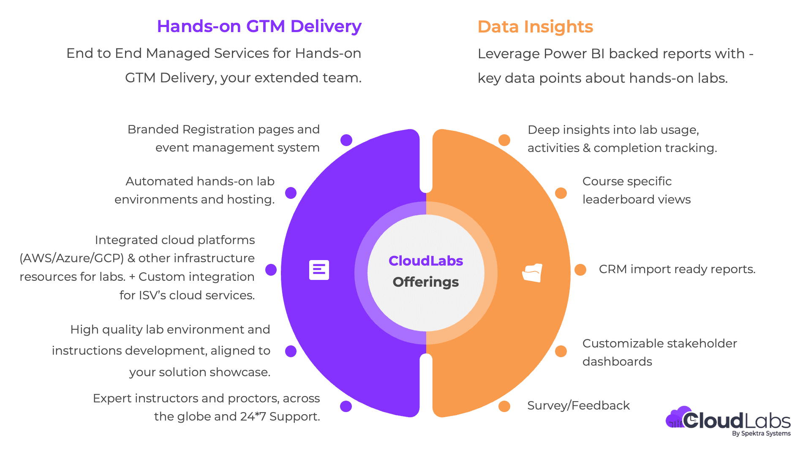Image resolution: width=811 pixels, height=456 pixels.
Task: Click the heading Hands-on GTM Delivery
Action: click(259, 26)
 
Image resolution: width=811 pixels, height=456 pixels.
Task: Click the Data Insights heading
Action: click(535, 27)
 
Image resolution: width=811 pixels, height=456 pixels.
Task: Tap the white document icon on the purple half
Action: click(319, 270)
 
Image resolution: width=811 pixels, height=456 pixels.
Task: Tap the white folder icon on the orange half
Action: click(532, 273)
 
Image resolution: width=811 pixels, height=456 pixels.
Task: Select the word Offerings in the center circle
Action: click(426, 282)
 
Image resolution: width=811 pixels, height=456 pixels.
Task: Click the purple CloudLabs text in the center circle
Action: click(426, 261)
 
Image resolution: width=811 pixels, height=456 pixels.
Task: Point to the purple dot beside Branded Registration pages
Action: click(346, 140)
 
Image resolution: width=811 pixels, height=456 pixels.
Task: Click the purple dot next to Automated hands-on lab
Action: click(291, 193)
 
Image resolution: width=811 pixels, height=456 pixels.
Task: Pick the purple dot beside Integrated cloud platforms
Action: click(271, 270)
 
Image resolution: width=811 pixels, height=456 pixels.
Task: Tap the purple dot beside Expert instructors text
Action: click(346, 406)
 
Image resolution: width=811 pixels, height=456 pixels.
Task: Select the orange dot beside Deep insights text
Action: click(504, 140)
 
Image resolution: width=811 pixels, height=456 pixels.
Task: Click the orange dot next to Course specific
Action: click(561, 193)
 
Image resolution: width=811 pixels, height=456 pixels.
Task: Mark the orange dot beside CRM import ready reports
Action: click(580, 270)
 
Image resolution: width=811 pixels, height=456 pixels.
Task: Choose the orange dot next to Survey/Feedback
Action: click(504, 406)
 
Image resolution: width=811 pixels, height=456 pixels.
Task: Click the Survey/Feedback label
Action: click(578, 406)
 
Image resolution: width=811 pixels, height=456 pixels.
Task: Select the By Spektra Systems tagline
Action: click(761, 434)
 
